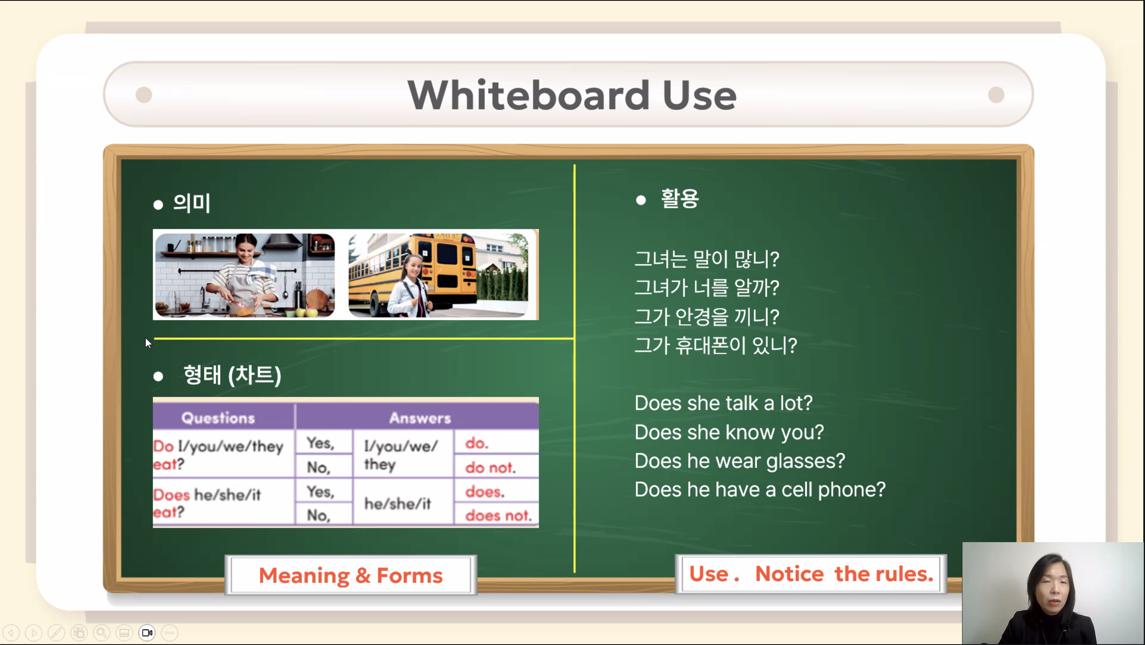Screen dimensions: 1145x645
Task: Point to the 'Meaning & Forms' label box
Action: pyautogui.click(x=351, y=575)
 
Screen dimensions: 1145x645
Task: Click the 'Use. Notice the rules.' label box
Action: pyautogui.click(x=811, y=573)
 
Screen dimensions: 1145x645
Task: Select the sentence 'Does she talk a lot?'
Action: pyautogui.click(x=723, y=403)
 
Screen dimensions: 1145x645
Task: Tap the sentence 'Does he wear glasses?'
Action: pyautogui.click(x=739, y=460)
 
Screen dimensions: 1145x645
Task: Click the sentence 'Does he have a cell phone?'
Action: pyautogui.click(x=760, y=489)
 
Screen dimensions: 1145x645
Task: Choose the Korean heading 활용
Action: pyautogui.click(x=679, y=198)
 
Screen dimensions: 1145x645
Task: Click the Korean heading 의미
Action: pyautogui.click(x=191, y=203)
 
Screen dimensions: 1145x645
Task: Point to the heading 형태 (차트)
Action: pyautogui.click(x=232, y=375)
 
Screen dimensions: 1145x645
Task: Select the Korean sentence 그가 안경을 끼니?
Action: pyautogui.click(x=707, y=317)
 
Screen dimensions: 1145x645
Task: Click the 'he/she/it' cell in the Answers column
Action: pyautogui.click(x=398, y=503)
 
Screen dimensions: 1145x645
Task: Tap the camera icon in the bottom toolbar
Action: pyautogui.click(x=147, y=632)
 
